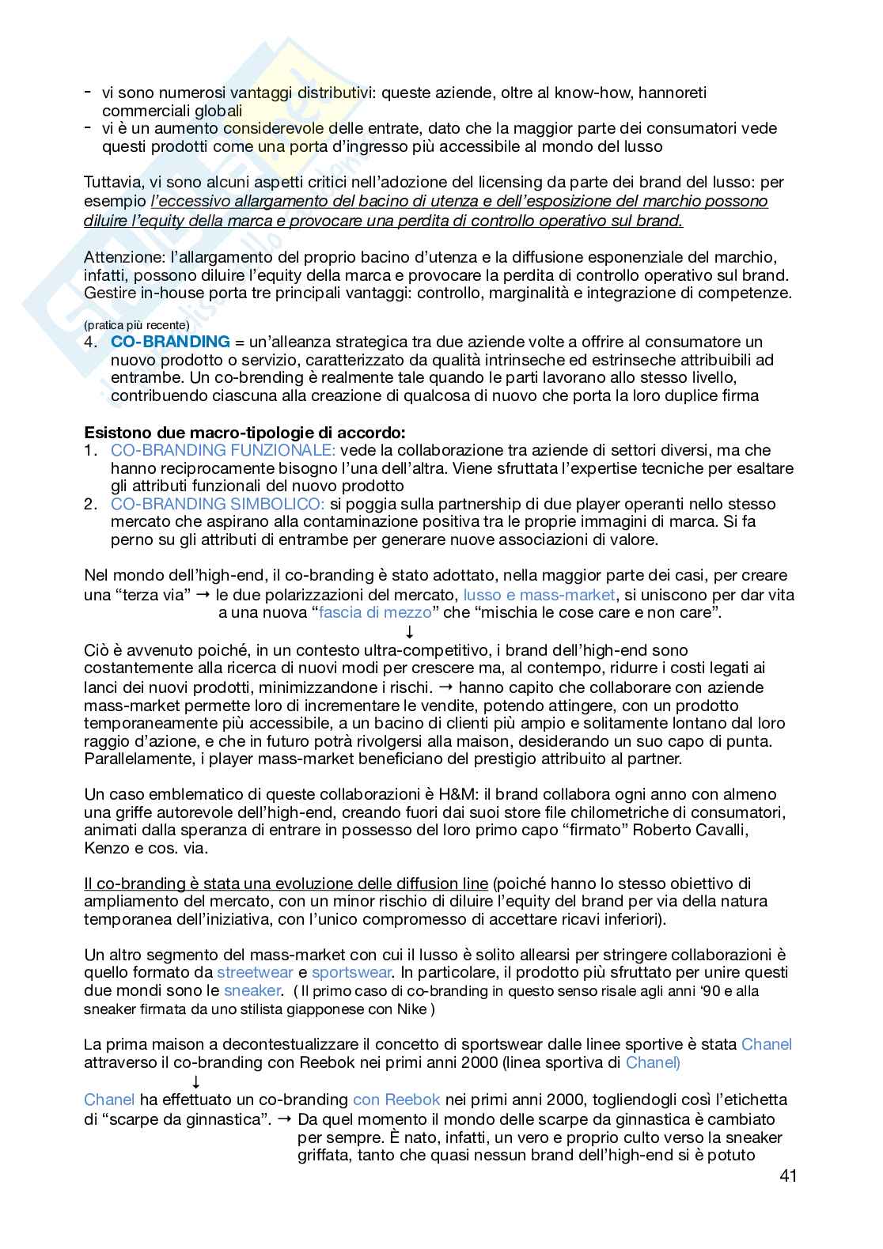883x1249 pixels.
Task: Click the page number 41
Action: click(787, 1176)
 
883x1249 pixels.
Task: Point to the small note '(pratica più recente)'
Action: click(137, 325)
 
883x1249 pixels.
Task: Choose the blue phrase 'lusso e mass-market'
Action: click(539, 594)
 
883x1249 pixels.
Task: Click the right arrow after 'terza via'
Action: click(203, 594)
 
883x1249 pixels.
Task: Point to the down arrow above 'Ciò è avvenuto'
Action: click(409, 631)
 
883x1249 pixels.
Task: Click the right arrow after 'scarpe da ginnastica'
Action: click(285, 1118)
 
